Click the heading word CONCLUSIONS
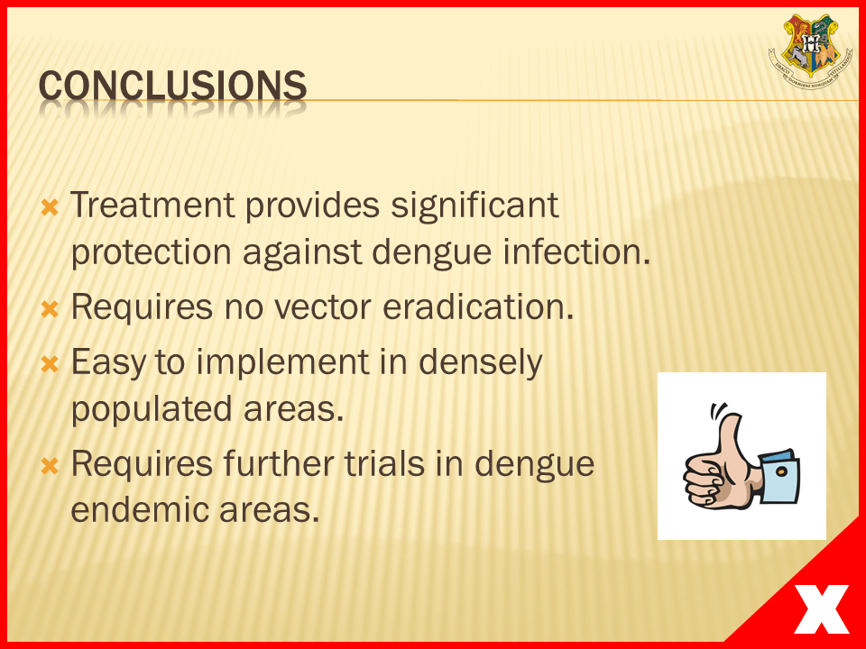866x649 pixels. (172, 87)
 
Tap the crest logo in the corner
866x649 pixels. (810, 51)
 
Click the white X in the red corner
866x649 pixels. (821, 608)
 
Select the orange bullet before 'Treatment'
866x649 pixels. (50, 208)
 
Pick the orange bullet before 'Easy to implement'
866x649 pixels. (50, 364)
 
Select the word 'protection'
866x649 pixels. (151, 253)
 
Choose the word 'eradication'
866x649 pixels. (478, 306)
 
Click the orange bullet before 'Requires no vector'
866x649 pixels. (50, 309)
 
